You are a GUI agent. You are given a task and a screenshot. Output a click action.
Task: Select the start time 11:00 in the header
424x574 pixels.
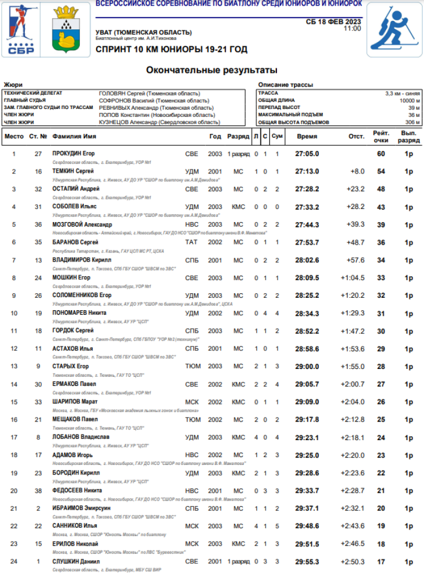point(352,28)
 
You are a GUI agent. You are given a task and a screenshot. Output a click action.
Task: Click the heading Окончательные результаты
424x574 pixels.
point(212,71)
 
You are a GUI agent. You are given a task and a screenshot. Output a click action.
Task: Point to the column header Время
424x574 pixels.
point(307,136)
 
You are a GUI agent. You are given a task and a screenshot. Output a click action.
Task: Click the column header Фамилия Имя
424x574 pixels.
point(74,136)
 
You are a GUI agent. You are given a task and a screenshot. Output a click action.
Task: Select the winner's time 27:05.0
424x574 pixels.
point(307,154)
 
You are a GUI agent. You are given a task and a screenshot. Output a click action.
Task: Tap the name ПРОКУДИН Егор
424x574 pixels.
point(73,154)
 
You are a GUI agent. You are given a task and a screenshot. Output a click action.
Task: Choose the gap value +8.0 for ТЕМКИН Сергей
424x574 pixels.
point(357,171)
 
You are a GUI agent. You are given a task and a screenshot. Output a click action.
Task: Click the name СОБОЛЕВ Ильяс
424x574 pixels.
point(75,207)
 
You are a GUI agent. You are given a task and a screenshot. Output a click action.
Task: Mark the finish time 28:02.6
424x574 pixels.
point(307,260)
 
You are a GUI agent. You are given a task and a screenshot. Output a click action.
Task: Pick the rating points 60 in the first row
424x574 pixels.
point(381,154)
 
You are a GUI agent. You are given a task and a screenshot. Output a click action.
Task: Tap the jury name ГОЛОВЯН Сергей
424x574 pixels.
point(149,93)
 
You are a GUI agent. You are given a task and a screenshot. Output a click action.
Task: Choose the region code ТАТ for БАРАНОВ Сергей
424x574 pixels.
point(192,242)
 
